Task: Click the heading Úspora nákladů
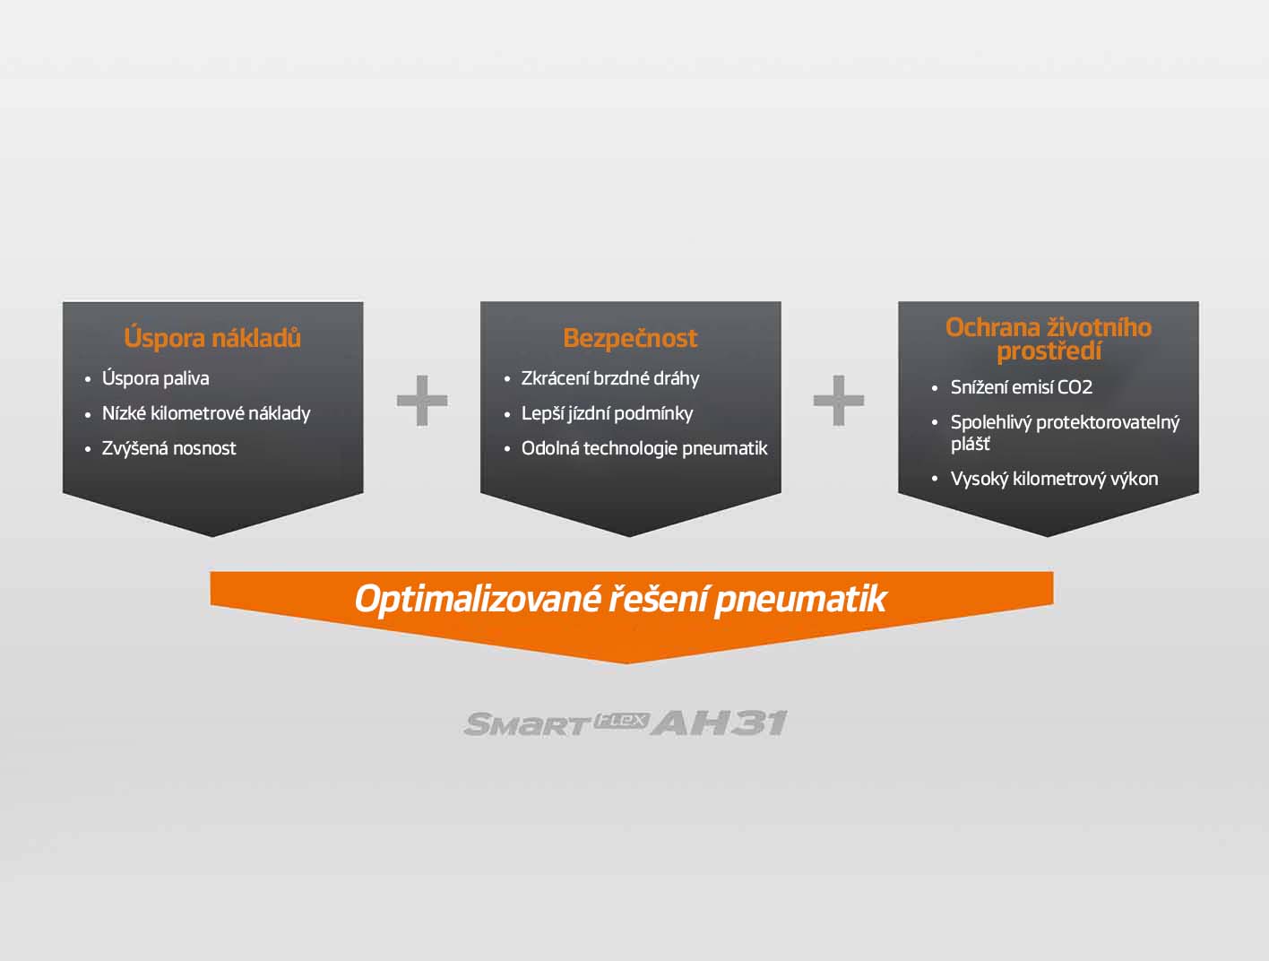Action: tap(212, 338)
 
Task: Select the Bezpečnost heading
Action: tap(630, 338)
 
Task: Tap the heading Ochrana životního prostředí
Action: tap(1049, 340)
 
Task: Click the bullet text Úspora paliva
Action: tap(156, 378)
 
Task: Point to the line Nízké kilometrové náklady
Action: tap(206, 413)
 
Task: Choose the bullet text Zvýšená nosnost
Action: tap(168, 448)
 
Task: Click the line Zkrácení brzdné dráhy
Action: tap(610, 378)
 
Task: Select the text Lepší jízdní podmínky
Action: tap(607, 413)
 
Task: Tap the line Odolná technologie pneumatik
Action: tap(644, 448)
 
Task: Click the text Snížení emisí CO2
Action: tap(1022, 387)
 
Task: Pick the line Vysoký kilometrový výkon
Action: tap(1054, 479)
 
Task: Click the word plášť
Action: tap(970, 444)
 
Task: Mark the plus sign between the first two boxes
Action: tap(422, 400)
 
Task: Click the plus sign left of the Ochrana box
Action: tap(838, 400)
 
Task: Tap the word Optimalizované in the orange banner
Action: tap(478, 599)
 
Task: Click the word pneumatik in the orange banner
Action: tap(800, 600)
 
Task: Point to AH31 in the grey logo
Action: tap(720, 723)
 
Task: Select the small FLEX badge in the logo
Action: tap(621, 721)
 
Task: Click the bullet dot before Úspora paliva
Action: tap(88, 380)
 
